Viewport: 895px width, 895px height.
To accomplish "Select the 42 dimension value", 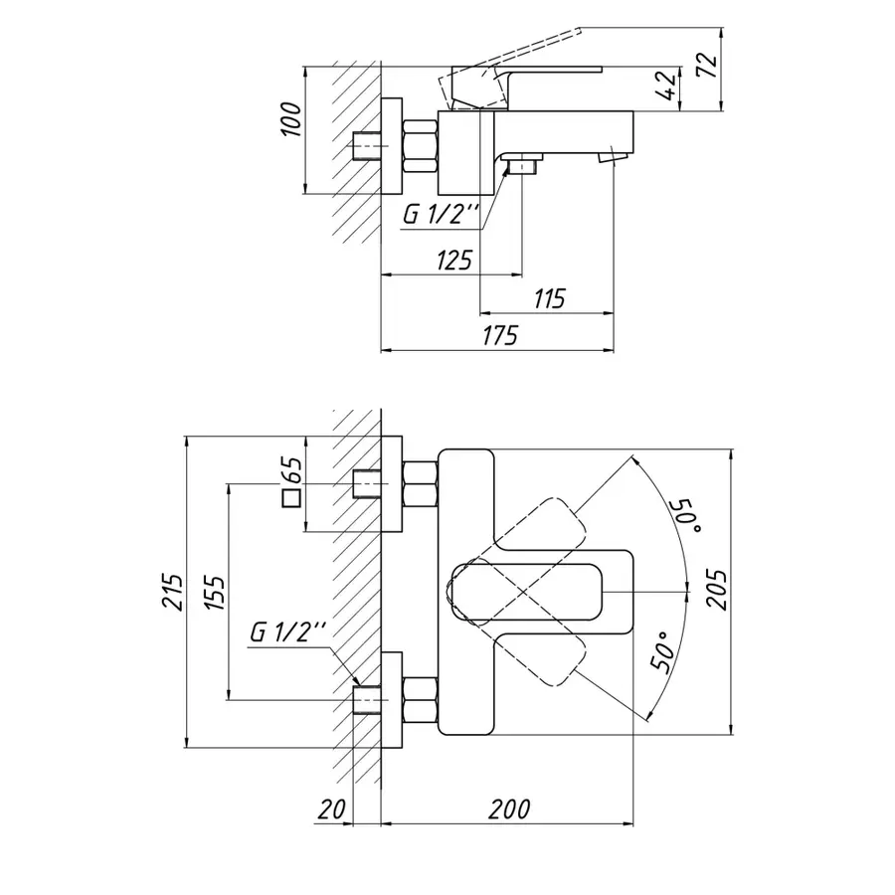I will pos(670,85).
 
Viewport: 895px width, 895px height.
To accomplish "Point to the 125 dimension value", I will pos(452,261).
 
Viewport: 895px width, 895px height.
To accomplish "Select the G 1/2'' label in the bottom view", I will pos(288,631).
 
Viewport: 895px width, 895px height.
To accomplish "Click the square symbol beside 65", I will pos(291,498).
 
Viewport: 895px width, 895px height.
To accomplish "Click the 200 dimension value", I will pos(508,809).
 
